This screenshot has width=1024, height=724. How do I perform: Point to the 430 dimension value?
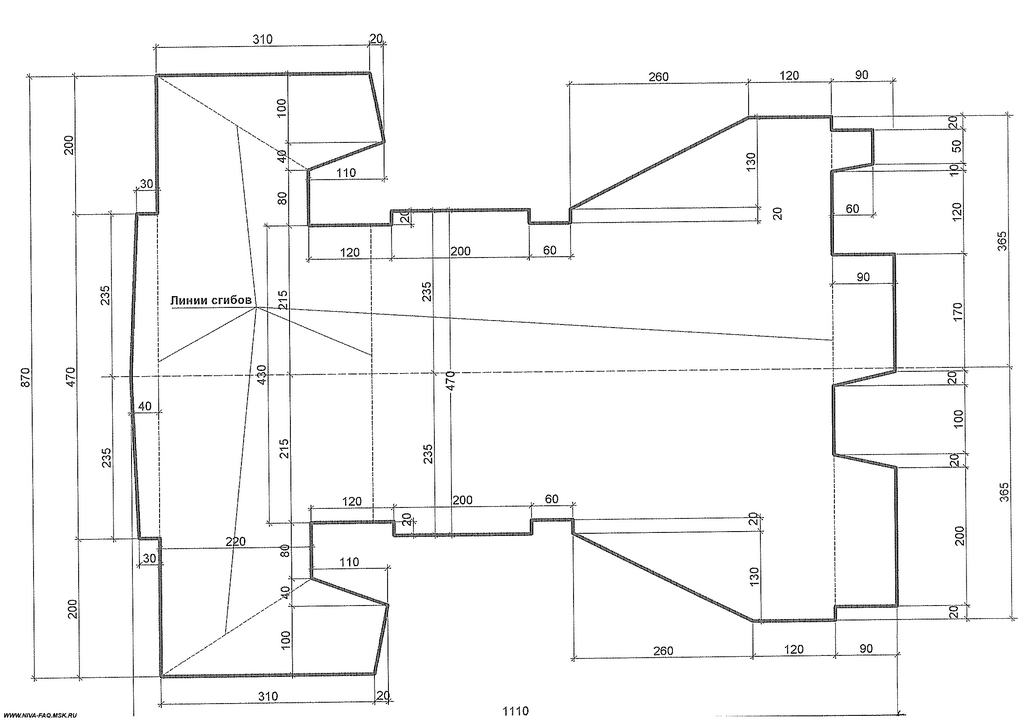[x=262, y=376]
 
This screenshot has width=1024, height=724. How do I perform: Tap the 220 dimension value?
[x=235, y=541]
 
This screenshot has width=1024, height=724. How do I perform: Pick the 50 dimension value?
[x=956, y=146]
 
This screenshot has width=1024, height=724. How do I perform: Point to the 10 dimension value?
[x=955, y=168]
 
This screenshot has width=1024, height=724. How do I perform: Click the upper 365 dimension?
[x=1004, y=236]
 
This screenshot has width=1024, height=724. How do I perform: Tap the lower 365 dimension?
[x=1004, y=492]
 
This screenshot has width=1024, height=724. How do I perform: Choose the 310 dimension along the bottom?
[x=267, y=696]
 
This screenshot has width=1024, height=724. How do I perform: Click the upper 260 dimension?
[x=658, y=76]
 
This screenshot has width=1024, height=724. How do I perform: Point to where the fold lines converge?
[x=257, y=308]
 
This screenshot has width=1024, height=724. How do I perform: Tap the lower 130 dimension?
[x=754, y=576]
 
